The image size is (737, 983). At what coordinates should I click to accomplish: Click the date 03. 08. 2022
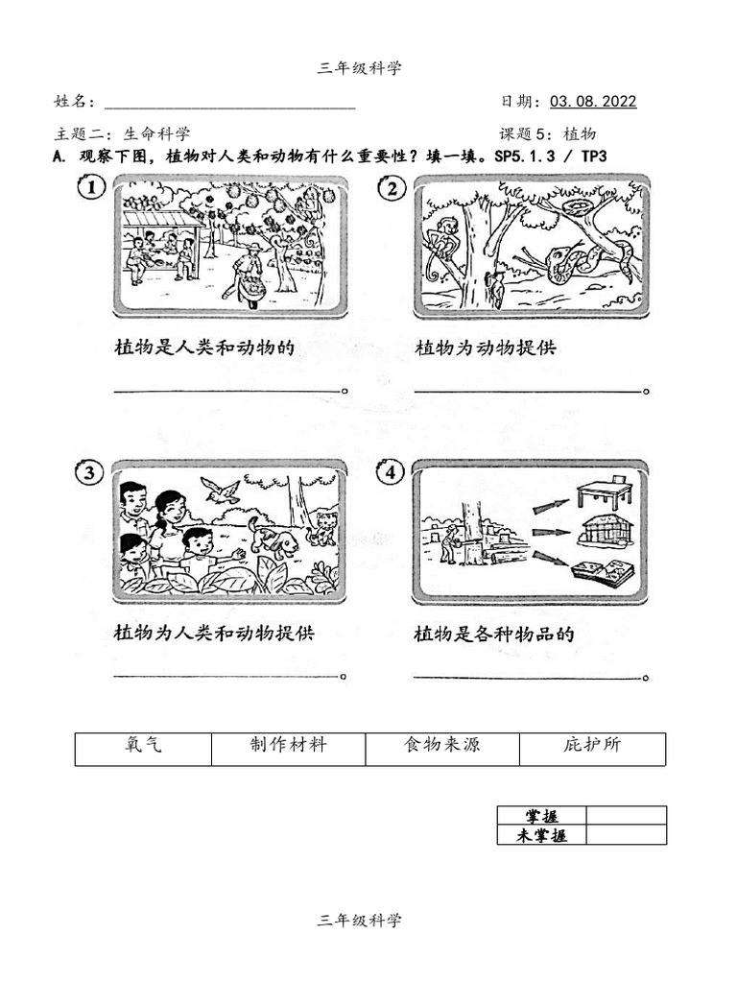[x=593, y=102]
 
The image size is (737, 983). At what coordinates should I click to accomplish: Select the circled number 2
[x=392, y=188]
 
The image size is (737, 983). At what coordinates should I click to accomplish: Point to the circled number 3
[x=89, y=472]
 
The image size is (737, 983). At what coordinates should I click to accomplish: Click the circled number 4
[x=391, y=472]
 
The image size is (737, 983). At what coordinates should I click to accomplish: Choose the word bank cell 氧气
[x=143, y=746]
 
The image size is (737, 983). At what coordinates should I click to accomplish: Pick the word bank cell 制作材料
[x=288, y=746]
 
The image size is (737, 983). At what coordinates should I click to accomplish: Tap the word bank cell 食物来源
[x=441, y=746]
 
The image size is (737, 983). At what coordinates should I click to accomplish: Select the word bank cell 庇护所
[x=592, y=746]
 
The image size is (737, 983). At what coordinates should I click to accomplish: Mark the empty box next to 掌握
[x=626, y=816]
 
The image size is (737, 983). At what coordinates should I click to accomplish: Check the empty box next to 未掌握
[x=626, y=835]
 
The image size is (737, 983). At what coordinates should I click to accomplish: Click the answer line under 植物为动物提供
[x=528, y=391]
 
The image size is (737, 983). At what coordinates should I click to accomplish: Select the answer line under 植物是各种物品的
[x=528, y=677]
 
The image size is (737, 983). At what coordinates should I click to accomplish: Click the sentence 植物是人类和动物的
[x=202, y=348]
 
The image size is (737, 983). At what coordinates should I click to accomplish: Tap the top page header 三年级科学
[x=359, y=67]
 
